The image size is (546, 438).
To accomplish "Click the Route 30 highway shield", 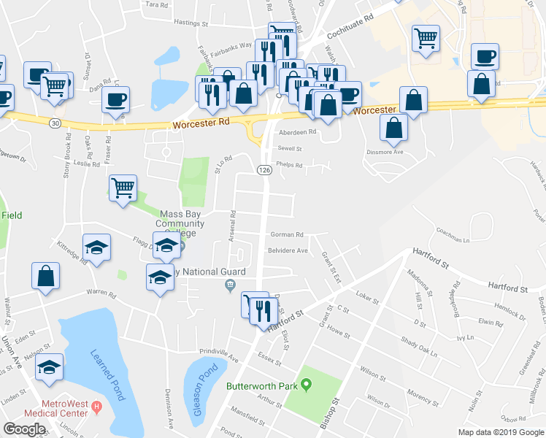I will point(55,123).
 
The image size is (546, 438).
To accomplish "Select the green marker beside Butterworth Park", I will point(307,384).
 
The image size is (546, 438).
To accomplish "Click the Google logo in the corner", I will point(24,429).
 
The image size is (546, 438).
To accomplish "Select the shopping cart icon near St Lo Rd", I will point(123,188).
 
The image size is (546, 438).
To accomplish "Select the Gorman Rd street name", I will point(287,235).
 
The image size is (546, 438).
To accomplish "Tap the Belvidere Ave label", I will point(288,250).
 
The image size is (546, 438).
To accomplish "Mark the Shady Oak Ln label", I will point(424,343).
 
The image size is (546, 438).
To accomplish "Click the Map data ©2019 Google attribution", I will point(501,432).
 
